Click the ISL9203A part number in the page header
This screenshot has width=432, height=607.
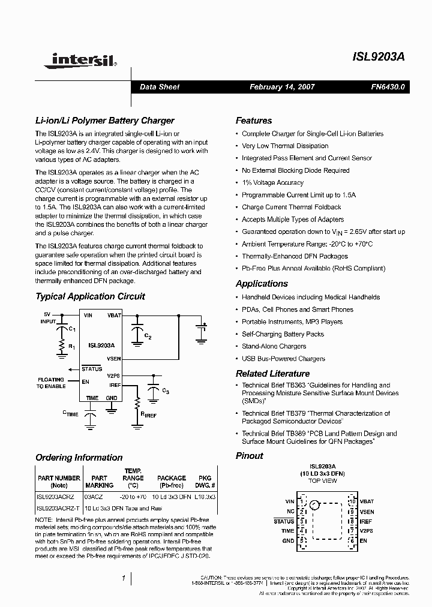coord(379,58)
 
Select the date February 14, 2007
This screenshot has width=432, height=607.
coord(282,87)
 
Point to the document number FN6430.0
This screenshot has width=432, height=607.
coord(388,87)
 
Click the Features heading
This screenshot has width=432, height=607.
coord(253,121)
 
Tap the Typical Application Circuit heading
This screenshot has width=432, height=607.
coord(90,296)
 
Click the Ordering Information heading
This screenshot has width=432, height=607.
coord(79,458)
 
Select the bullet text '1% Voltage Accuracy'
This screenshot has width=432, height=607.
coord(272,183)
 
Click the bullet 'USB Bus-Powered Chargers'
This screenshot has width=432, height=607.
coord(283,359)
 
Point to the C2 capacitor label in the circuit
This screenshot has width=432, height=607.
coord(148,337)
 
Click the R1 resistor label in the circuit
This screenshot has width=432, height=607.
coord(71,347)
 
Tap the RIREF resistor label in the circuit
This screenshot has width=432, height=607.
coord(148,414)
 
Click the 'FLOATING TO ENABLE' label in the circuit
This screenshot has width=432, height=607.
coord(51,383)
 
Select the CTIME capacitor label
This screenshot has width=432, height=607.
coord(70,414)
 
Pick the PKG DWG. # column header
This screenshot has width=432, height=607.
coord(205,482)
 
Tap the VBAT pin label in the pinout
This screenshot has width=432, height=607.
coord(367,501)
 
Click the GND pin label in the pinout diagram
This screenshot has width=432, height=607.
coord(289,540)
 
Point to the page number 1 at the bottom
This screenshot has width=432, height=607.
coord(123,579)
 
